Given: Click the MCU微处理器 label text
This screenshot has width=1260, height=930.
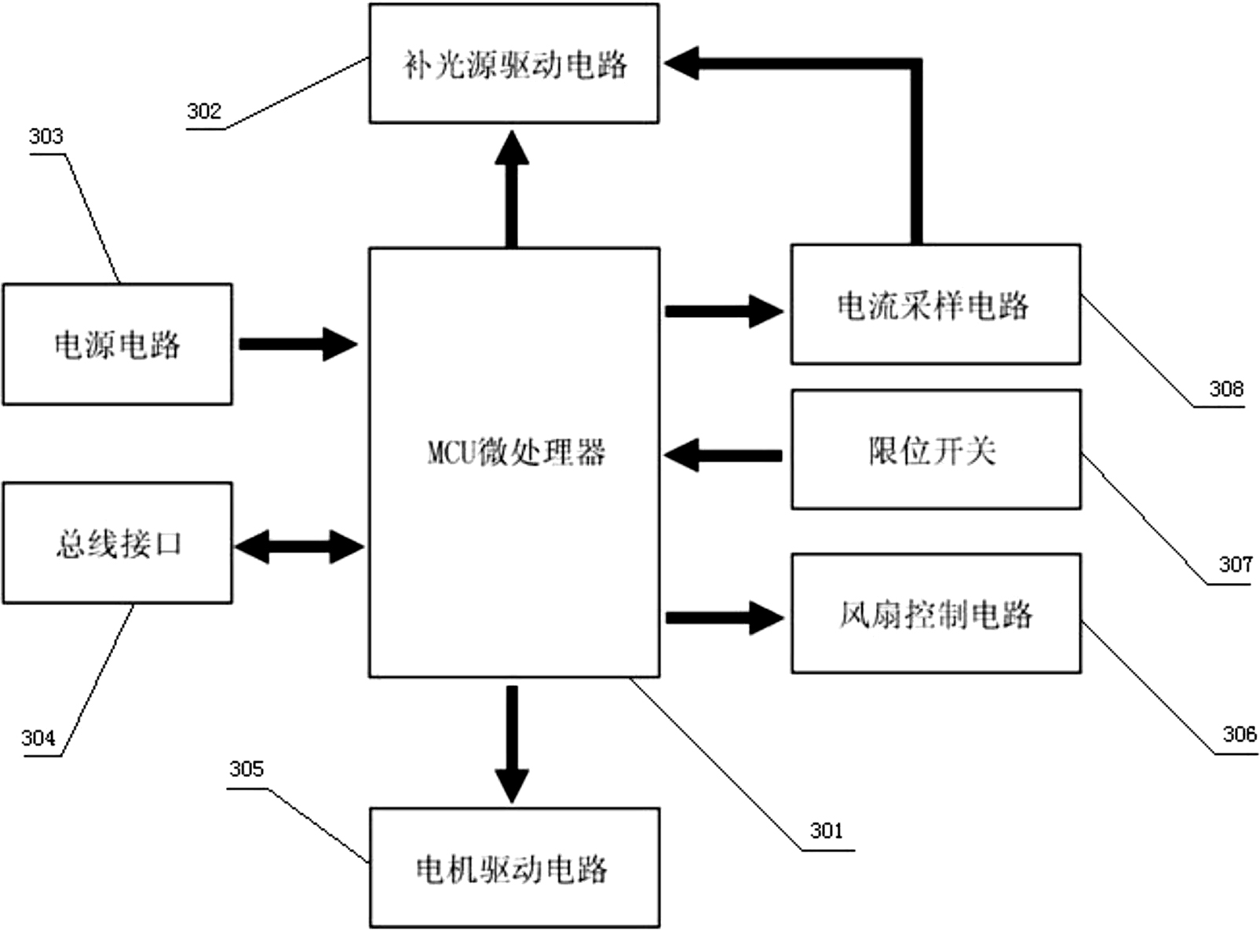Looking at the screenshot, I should [x=516, y=453].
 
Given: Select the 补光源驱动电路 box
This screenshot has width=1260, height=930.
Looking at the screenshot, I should [x=513, y=64].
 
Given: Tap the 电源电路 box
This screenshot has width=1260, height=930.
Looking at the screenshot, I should [x=117, y=345].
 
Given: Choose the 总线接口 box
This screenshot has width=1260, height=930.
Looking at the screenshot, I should [x=117, y=543].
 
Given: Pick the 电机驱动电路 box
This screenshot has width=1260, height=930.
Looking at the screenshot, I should [x=514, y=868].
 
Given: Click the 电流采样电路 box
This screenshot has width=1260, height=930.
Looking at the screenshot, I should [x=935, y=305].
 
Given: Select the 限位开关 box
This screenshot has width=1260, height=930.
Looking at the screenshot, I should [x=936, y=450].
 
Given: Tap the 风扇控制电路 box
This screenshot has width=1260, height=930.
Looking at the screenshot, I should [x=936, y=614].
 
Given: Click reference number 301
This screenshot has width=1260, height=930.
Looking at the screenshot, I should [x=826, y=830].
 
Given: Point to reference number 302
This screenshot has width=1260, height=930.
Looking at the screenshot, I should [x=204, y=111].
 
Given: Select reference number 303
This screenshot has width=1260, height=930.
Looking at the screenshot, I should [x=46, y=137].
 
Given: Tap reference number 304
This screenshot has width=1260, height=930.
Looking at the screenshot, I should [x=38, y=738].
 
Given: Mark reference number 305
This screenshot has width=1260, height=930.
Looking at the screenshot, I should [x=246, y=769].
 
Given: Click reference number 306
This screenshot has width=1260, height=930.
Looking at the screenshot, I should [x=1239, y=735].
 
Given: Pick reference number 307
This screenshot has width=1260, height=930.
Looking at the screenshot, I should [x=1235, y=564].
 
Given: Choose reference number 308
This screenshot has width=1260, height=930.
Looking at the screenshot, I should [x=1226, y=388].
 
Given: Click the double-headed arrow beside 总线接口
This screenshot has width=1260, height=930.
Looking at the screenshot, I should [x=299, y=547].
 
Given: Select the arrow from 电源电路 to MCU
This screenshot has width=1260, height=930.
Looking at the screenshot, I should [x=298, y=344].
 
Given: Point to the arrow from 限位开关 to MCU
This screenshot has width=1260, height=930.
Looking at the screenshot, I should [x=723, y=455].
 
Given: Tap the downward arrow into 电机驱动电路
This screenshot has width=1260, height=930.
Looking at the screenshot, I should [x=512, y=742].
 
